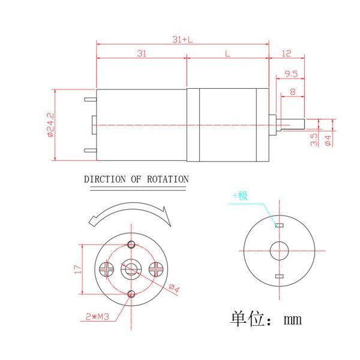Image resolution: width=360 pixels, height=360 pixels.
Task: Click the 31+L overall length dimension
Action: (x=182, y=40)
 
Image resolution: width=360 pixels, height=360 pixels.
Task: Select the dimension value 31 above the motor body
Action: (x=141, y=54)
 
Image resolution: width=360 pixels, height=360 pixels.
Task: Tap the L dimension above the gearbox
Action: (x=227, y=54)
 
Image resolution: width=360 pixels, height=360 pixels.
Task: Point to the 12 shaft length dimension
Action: (x=286, y=54)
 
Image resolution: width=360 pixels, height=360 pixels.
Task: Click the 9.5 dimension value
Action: (x=292, y=74)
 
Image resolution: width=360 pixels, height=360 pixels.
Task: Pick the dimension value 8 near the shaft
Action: (x=292, y=92)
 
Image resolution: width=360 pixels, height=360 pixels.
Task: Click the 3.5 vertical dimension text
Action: (x=314, y=139)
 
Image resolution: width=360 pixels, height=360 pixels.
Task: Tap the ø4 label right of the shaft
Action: (x=328, y=140)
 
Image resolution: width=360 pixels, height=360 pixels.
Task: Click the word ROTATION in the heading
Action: (x=168, y=179)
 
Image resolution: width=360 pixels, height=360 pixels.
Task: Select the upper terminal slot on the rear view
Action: (x=278, y=225)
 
